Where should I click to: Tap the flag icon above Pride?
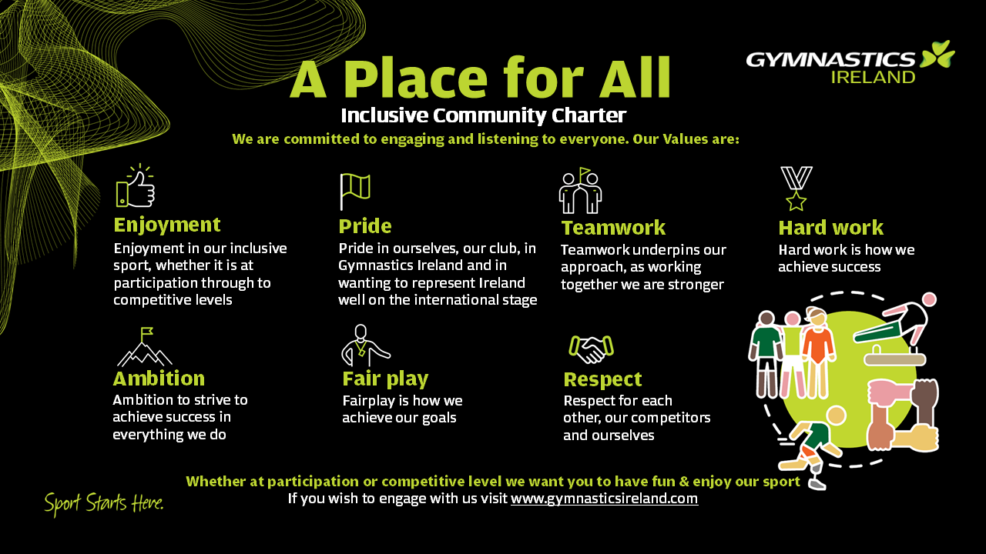(355, 191)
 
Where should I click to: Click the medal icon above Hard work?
(797, 189)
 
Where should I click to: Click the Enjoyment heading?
(167, 225)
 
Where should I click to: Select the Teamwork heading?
(613, 227)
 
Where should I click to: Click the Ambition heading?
(159, 379)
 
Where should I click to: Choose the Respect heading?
(602, 379)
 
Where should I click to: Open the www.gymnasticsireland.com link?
(605, 499)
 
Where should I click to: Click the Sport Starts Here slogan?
(104, 504)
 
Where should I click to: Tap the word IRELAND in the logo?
(874, 78)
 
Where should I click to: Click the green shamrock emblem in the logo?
(938, 54)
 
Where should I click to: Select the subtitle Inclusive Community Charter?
(483, 115)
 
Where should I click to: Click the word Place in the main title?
(414, 78)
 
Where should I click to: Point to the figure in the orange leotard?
(819, 352)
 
